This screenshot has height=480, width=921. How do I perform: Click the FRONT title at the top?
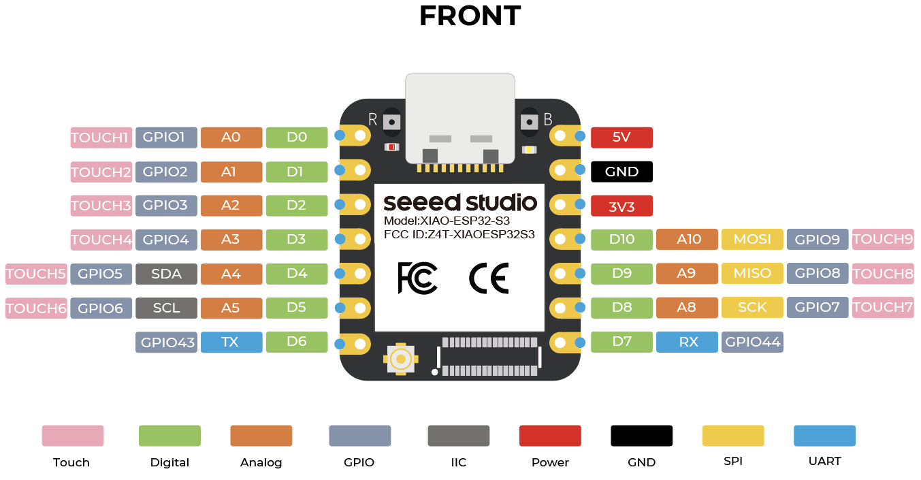[x=470, y=16]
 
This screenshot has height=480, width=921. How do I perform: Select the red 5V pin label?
[x=621, y=137]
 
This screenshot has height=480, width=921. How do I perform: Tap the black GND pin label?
[x=621, y=172]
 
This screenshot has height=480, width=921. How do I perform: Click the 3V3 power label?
[x=621, y=206]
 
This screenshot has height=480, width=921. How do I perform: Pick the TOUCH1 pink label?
[x=100, y=138]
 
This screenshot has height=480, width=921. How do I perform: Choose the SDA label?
[x=166, y=274]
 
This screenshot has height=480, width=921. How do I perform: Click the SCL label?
[x=166, y=308]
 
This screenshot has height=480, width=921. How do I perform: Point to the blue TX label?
[x=231, y=342]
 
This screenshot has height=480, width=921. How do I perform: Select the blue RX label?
[x=687, y=342]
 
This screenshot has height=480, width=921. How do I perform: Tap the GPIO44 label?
[x=752, y=342]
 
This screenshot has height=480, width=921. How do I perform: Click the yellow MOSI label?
[x=752, y=239]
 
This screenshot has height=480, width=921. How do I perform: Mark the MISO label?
[x=752, y=273]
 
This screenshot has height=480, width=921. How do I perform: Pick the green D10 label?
[x=621, y=239]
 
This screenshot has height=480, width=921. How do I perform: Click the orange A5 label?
[x=231, y=308]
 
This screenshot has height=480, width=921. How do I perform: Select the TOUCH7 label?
[x=882, y=307]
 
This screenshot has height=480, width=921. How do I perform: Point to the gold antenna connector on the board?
[x=401, y=358]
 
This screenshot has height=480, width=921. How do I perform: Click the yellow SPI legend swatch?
[x=733, y=436]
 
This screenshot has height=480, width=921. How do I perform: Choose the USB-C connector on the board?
[x=459, y=119]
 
